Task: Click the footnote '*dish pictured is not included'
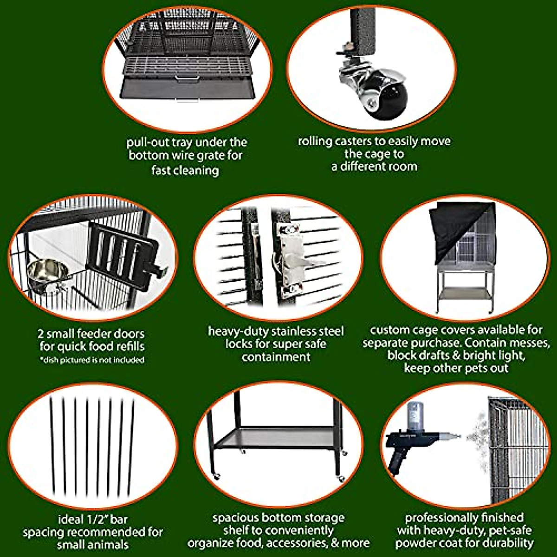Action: (x=92, y=360)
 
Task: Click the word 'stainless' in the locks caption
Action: (x=300, y=331)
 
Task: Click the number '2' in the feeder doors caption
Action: (x=41, y=334)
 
